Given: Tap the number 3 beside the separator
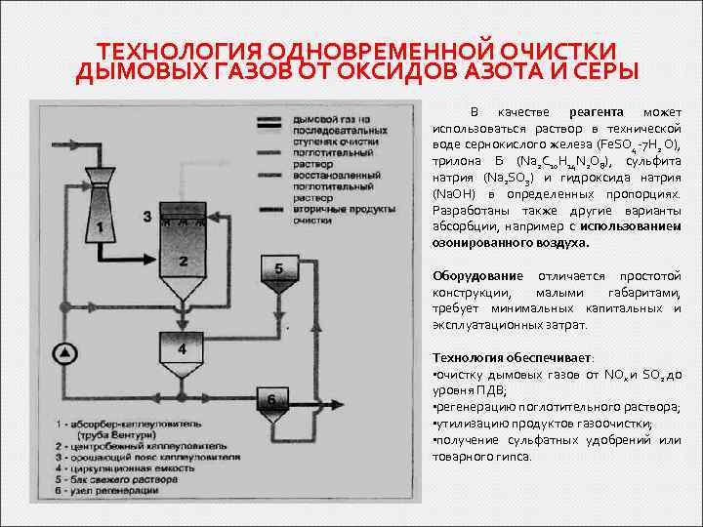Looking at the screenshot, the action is (146, 216).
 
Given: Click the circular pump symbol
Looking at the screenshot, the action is (67, 350).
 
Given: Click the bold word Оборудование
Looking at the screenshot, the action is (477, 277).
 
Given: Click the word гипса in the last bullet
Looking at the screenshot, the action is (516, 456).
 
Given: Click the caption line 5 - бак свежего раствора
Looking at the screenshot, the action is (137, 478).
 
